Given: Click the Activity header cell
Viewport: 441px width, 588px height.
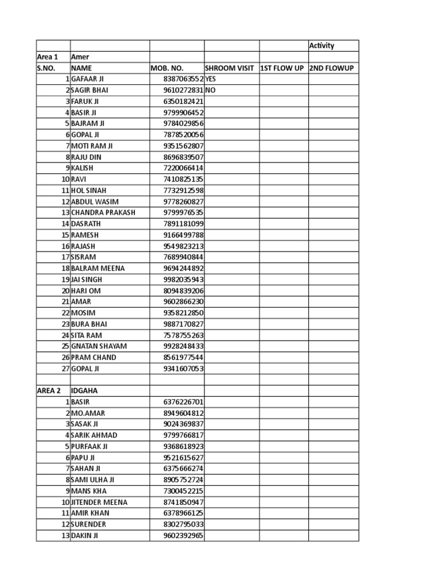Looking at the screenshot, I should [x=322, y=46].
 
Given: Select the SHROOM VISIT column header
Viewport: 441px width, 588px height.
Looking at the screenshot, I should [x=229, y=68].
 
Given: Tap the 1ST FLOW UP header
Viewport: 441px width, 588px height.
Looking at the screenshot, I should [x=282, y=68].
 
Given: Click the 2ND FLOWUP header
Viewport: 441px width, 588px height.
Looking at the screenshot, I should [x=331, y=68].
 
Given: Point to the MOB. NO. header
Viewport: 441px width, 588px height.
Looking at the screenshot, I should [x=167, y=68].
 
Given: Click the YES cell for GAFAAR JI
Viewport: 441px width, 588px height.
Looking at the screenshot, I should [x=211, y=79].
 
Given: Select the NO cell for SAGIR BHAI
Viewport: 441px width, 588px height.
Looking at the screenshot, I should [x=210, y=90].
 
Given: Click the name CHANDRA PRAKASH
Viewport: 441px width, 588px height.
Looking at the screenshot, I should [x=103, y=212].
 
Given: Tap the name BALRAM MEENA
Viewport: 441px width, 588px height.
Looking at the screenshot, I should [x=98, y=268].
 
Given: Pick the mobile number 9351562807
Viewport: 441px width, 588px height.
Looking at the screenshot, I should [x=183, y=146].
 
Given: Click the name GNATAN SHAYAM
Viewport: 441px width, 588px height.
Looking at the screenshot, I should [x=99, y=346].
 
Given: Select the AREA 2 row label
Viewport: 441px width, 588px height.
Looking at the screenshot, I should [x=49, y=391].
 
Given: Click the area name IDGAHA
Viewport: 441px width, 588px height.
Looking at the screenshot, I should [x=84, y=391].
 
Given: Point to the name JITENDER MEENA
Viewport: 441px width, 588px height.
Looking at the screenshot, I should [x=99, y=502].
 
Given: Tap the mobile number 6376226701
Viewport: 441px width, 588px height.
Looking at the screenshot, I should [x=183, y=402].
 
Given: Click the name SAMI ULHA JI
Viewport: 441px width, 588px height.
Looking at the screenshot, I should [x=92, y=480].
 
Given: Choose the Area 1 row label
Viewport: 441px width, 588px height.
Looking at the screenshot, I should [x=48, y=57].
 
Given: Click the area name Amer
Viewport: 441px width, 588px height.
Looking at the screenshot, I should [x=80, y=57].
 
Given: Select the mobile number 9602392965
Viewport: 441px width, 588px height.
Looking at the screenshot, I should [x=183, y=536].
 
